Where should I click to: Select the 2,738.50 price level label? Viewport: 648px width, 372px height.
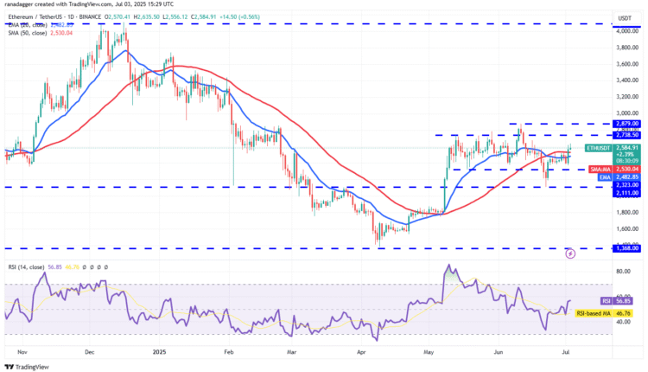[622, 135]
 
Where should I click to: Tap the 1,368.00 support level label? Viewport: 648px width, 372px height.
[622, 248]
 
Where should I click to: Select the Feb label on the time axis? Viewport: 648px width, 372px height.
[229, 353]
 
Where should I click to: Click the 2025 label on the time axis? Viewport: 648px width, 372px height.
[159, 353]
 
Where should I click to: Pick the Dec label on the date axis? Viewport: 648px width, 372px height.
[90, 353]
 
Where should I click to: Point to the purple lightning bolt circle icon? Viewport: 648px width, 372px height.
[570, 253]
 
